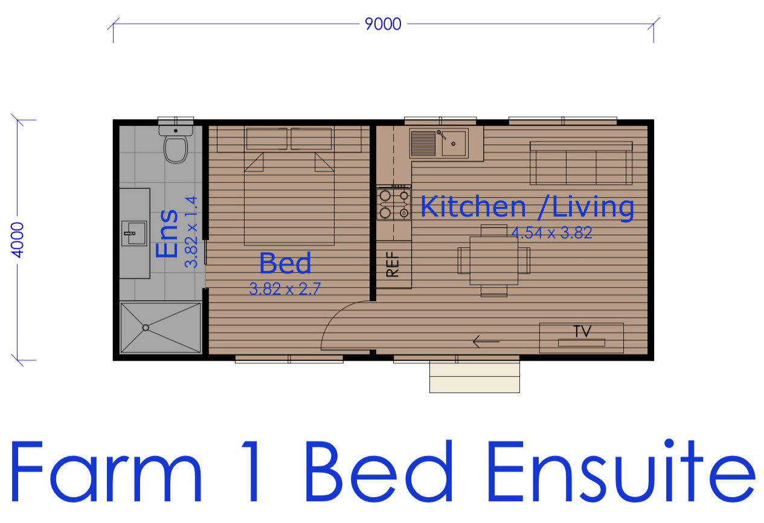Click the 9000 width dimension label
pyautogui.click(x=383, y=24)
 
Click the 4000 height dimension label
pyautogui.click(x=18, y=240)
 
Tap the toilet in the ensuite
pyautogui.click(x=176, y=145)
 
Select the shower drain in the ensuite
pyautogui.click(x=146, y=328)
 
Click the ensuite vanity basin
pyautogui.click(x=135, y=233)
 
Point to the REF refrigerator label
pyautogui.click(x=393, y=264)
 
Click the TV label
pyautogui.click(x=582, y=331)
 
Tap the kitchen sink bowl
pyautogui.click(x=454, y=144)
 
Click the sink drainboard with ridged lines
pyautogui.click(x=423, y=144)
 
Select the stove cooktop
pyautogui.click(x=394, y=204)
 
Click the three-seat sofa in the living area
pyautogui.click(x=581, y=163)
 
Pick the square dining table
pyautogui.click(x=494, y=261)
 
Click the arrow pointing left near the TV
pyautogui.click(x=486, y=342)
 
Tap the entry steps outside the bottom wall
pyautogui.click(x=475, y=377)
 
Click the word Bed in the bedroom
pyautogui.click(x=286, y=263)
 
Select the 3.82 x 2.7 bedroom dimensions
pyautogui.click(x=285, y=289)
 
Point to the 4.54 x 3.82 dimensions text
pyautogui.click(x=551, y=233)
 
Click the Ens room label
pyautogui.click(x=167, y=234)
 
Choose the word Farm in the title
pyautogui.click(x=106, y=472)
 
